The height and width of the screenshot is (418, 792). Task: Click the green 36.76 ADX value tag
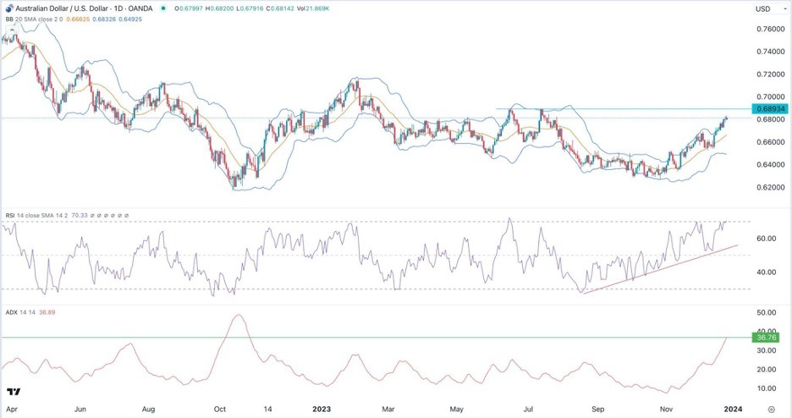(x=764, y=338)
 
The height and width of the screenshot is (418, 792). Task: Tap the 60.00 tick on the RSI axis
(x=767, y=239)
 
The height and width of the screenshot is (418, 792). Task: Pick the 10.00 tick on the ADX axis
(x=767, y=388)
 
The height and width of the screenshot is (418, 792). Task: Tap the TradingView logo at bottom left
(x=14, y=392)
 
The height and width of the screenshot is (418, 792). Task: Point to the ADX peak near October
(x=239, y=316)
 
